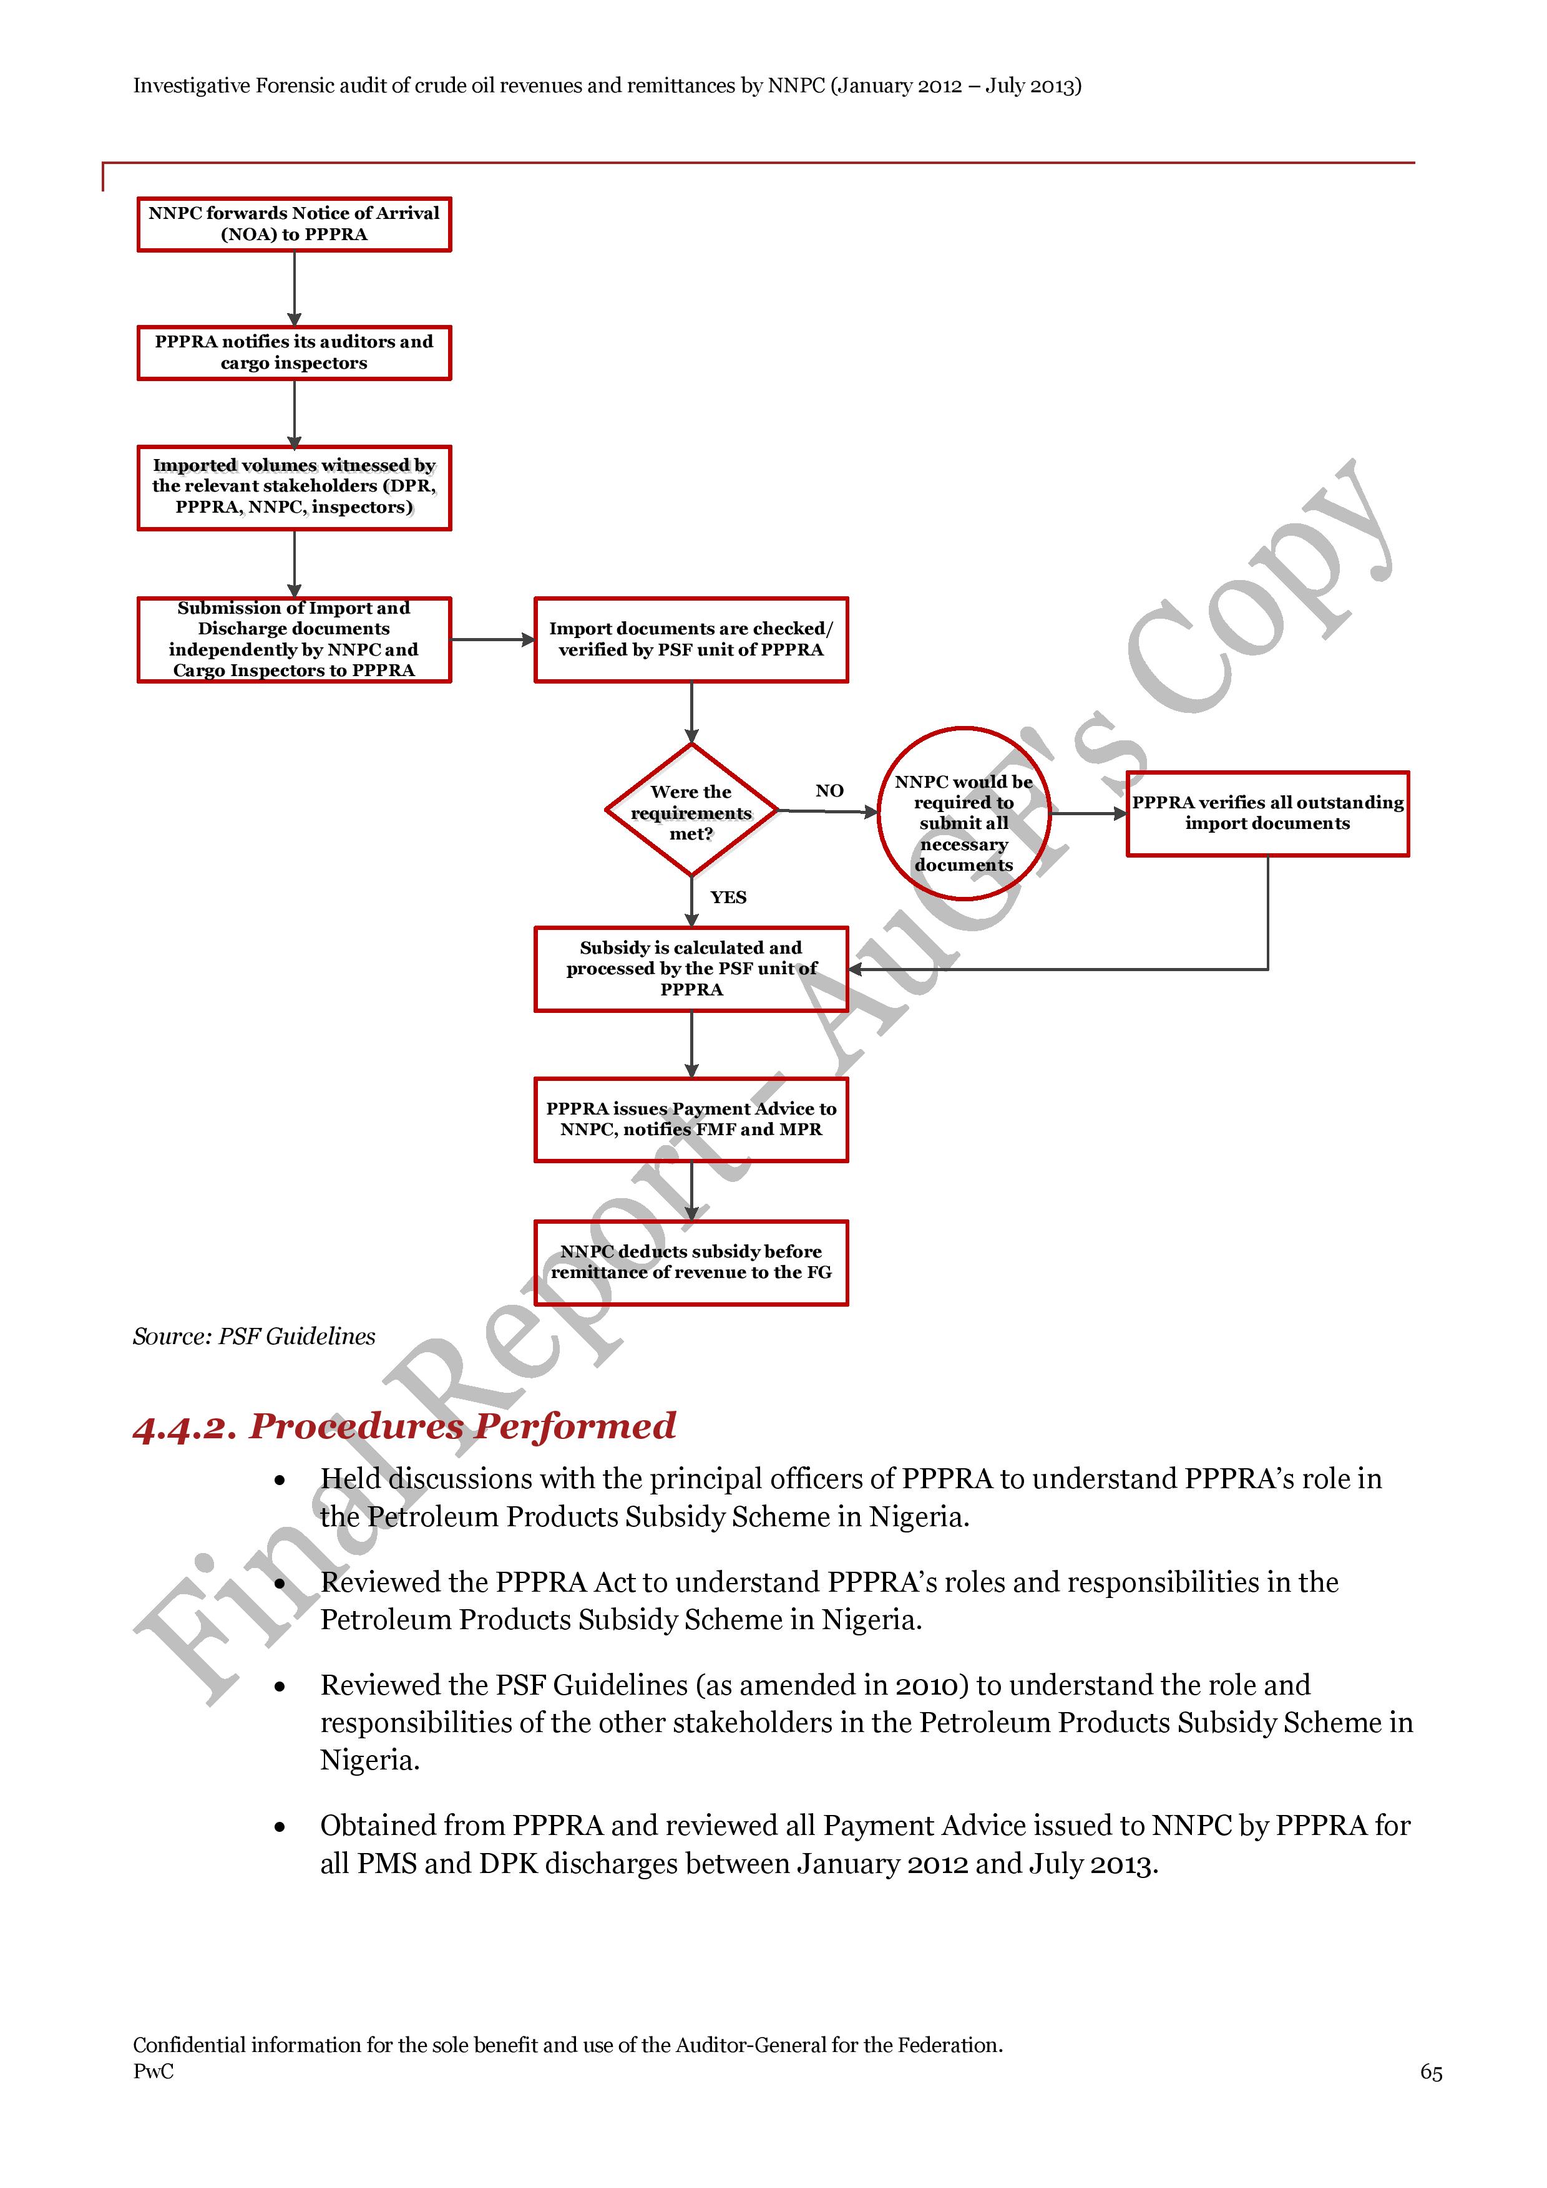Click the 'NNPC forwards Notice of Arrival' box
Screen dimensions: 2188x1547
point(293,224)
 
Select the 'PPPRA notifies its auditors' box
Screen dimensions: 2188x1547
point(293,352)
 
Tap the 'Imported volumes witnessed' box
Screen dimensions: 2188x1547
point(293,487)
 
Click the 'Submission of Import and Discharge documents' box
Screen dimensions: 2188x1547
point(293,639)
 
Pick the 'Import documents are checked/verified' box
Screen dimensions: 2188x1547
point(691,639)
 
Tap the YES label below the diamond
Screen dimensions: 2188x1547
point(728,898)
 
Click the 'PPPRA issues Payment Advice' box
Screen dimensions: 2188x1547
point(691,1120)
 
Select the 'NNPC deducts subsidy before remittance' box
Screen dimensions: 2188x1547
point(691,1262)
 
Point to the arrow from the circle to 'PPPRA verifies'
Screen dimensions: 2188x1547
point(1088,814)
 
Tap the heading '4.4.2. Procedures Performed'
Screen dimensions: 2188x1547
point(404,1426)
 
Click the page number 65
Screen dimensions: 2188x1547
point(1431,2073)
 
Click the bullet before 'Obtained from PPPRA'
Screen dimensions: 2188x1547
point(280,1827)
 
